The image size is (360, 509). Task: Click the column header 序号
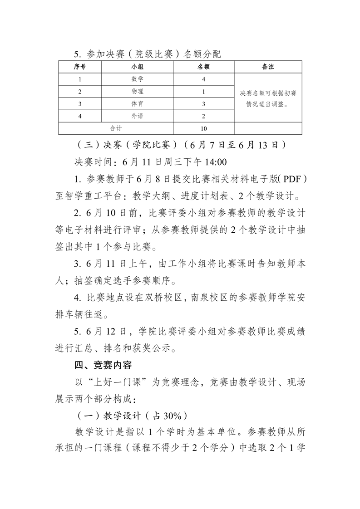tap(80, 67)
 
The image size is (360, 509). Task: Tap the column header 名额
tap(204, 67)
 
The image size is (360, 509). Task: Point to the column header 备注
tap(268, 67)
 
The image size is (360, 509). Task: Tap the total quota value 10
tap(204, 128)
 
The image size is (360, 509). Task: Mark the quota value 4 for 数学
tap(204, 79)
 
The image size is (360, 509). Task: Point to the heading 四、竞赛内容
tap(103, 364)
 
